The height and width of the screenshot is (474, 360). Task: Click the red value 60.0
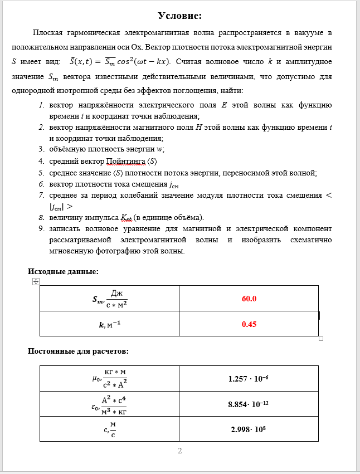[x=249, y=299]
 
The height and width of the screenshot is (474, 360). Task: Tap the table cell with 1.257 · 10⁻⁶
[x=249, y=379]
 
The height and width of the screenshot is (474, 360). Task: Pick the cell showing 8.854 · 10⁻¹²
[x=249, y=404]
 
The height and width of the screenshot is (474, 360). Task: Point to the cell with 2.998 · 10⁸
[x=249, y=430]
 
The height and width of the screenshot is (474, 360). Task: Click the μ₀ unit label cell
[x=109, y=379]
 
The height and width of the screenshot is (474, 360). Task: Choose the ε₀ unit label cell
[x=109, y=404]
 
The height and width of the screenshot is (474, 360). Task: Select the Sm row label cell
[x=109, y=299]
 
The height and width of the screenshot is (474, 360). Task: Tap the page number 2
[x=179, y=451]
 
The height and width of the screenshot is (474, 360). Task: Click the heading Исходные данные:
[x=64, y=271]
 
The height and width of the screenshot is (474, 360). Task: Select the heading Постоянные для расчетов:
[x=79, y=351]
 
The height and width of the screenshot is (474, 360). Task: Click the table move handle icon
[x=36, y=282]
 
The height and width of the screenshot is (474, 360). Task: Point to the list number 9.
[x=41, y=229]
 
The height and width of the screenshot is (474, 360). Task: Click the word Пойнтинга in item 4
[x=125, y=162]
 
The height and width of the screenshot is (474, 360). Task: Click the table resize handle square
[x=321, y=339]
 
